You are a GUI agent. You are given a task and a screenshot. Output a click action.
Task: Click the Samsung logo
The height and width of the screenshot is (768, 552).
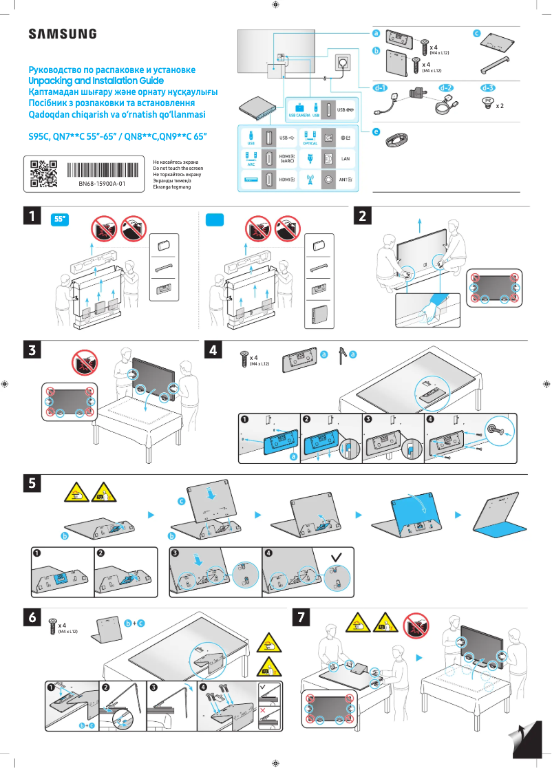click(62, 34)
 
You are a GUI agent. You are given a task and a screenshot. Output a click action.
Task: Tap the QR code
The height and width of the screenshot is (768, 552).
click(43, 173)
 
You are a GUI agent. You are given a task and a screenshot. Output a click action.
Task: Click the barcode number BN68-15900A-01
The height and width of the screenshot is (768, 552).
click(102, 184)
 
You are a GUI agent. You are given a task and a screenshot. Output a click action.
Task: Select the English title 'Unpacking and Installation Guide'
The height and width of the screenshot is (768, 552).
click(96, 81)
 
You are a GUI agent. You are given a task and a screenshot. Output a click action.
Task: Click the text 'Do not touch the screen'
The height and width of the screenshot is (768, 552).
click(178, 168)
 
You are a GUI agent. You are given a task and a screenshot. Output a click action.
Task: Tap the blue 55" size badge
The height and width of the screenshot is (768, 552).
click(62, 220)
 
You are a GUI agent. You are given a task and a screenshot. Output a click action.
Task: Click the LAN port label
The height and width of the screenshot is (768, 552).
click(346, 158)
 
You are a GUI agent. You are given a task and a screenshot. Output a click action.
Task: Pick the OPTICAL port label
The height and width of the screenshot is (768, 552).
click(310, 143)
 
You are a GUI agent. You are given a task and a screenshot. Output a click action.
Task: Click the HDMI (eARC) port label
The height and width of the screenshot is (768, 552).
click(287, 158)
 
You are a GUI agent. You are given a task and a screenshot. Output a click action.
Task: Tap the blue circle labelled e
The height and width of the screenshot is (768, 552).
click(375, 131)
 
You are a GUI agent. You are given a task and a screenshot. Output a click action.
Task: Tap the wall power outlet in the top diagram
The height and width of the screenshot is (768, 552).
click(343, 63)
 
